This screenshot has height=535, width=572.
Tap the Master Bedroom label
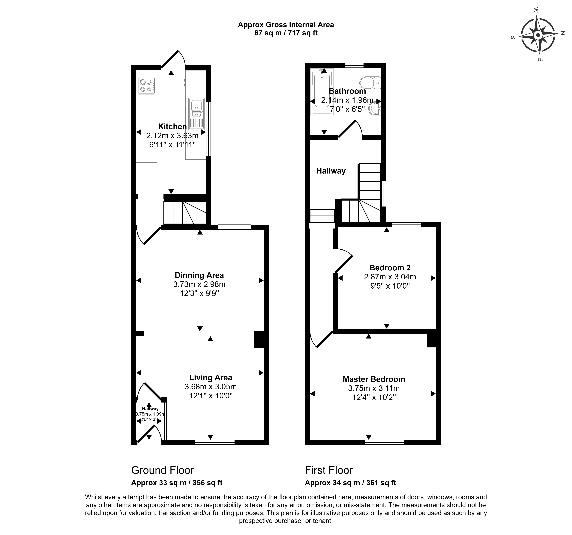tap(374, 379)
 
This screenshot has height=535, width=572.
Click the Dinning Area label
tap(199, 275)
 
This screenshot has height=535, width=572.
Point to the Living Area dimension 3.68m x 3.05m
tap(211, 387)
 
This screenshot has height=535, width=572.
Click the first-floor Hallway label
tap(331, 171)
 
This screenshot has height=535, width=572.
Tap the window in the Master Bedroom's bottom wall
tap(384, 442)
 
